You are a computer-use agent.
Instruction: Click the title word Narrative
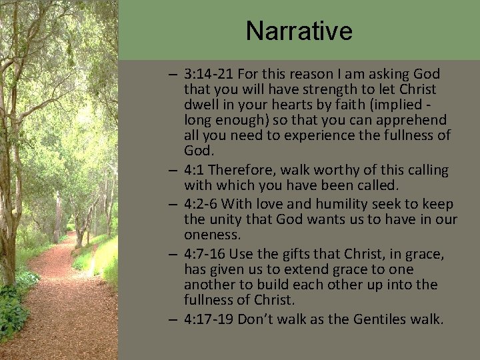tap(298, 31)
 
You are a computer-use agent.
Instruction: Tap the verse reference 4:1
tap(195, 171)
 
